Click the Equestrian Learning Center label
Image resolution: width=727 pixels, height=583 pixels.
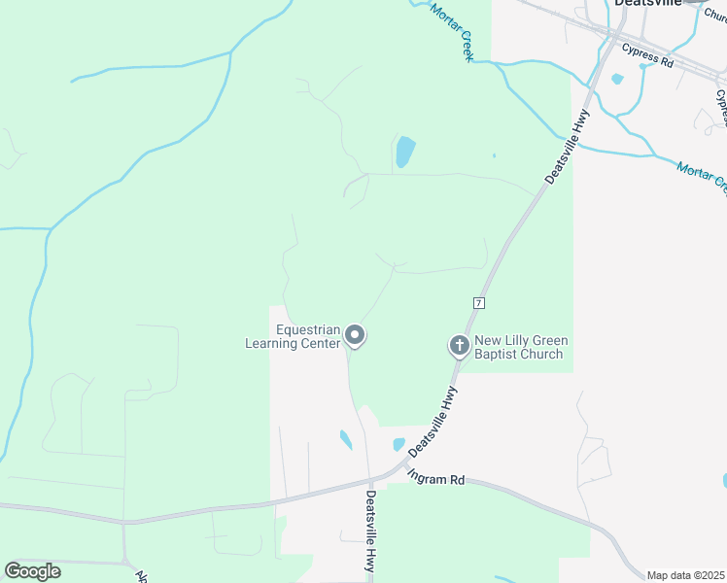[294, 336]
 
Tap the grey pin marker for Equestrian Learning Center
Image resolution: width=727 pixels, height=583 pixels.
[356, 336]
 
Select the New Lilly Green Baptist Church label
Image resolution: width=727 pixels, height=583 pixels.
[521, 347]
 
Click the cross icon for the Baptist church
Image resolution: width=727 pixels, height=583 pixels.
[459, 345]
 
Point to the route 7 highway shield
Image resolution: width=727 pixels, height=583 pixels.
[479, 303]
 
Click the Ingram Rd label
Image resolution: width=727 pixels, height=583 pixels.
[436, 478]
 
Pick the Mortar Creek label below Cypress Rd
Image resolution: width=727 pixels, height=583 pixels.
[702, 175]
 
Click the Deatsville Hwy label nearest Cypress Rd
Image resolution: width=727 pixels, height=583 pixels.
[568, 147]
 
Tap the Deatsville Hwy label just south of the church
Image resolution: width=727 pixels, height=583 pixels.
[433, 422]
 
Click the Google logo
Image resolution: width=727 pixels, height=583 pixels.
[32, 571]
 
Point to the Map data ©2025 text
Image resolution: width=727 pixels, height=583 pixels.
[686, 575]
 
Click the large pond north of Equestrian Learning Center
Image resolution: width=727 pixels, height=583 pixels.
[404, 152]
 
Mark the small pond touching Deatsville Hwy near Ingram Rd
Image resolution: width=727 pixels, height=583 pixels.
[398, 445]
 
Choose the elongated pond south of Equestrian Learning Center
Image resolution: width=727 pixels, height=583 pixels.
[345, 439]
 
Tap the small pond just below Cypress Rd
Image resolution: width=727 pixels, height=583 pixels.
[617, 80]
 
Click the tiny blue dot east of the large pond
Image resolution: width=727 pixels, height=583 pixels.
[494, 154]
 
